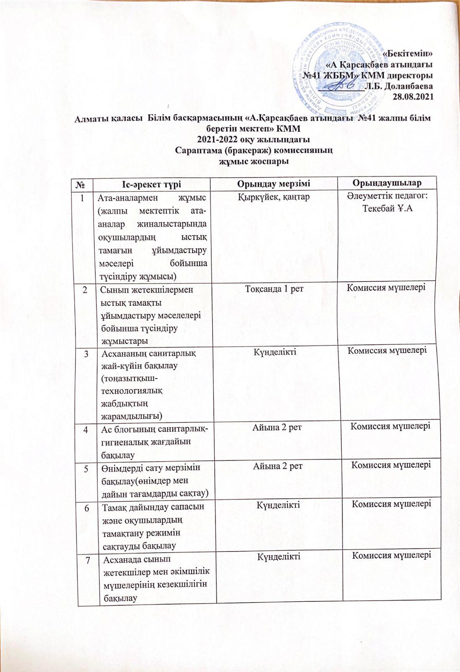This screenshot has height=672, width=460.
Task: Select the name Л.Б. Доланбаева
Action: click(x=399, y=86)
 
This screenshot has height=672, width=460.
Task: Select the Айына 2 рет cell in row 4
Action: click(x=277, y=428)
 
